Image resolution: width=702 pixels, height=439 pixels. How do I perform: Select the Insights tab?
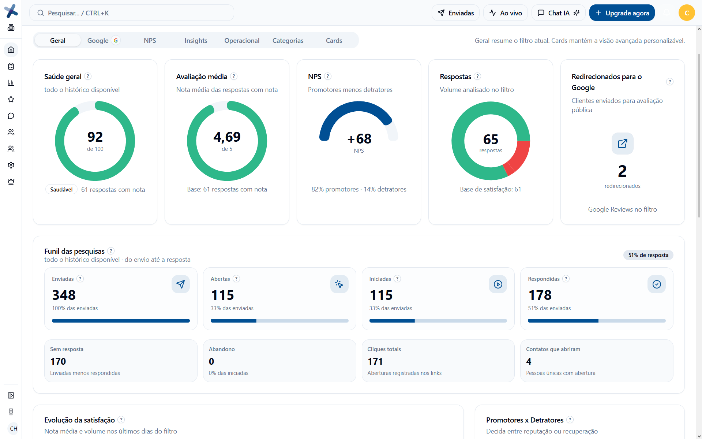pos(196,41)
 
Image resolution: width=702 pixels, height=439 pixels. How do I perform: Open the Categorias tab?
pos(288,41)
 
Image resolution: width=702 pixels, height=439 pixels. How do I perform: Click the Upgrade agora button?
pos(622,13)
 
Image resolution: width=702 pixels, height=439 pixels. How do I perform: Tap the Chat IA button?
pos(558,13)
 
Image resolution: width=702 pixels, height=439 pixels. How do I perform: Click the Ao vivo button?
pos(506,13)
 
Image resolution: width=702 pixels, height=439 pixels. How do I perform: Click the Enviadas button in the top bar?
pos(455,13)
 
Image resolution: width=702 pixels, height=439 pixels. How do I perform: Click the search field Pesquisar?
pos(132,13)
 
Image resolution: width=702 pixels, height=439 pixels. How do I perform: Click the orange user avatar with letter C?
pos(687,13)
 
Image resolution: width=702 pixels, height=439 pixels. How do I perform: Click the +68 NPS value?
pos(359,139)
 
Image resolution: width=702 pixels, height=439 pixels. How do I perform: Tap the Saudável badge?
pos(61,190)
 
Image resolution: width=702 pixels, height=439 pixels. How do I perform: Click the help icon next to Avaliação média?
pos(234,76)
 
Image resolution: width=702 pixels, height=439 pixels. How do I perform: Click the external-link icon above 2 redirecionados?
pos(622,144)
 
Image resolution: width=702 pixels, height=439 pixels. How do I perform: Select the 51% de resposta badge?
pos(648,255)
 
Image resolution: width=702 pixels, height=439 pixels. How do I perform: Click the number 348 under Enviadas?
pos(64,295)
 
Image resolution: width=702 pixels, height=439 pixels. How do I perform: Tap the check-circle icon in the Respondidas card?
pos(657,284)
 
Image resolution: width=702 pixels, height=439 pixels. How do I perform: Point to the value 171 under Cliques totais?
pos(375,362)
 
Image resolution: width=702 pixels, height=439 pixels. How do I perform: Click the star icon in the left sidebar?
pos(11,99)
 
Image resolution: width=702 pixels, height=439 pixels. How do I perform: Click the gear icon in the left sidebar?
pos(11,165)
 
